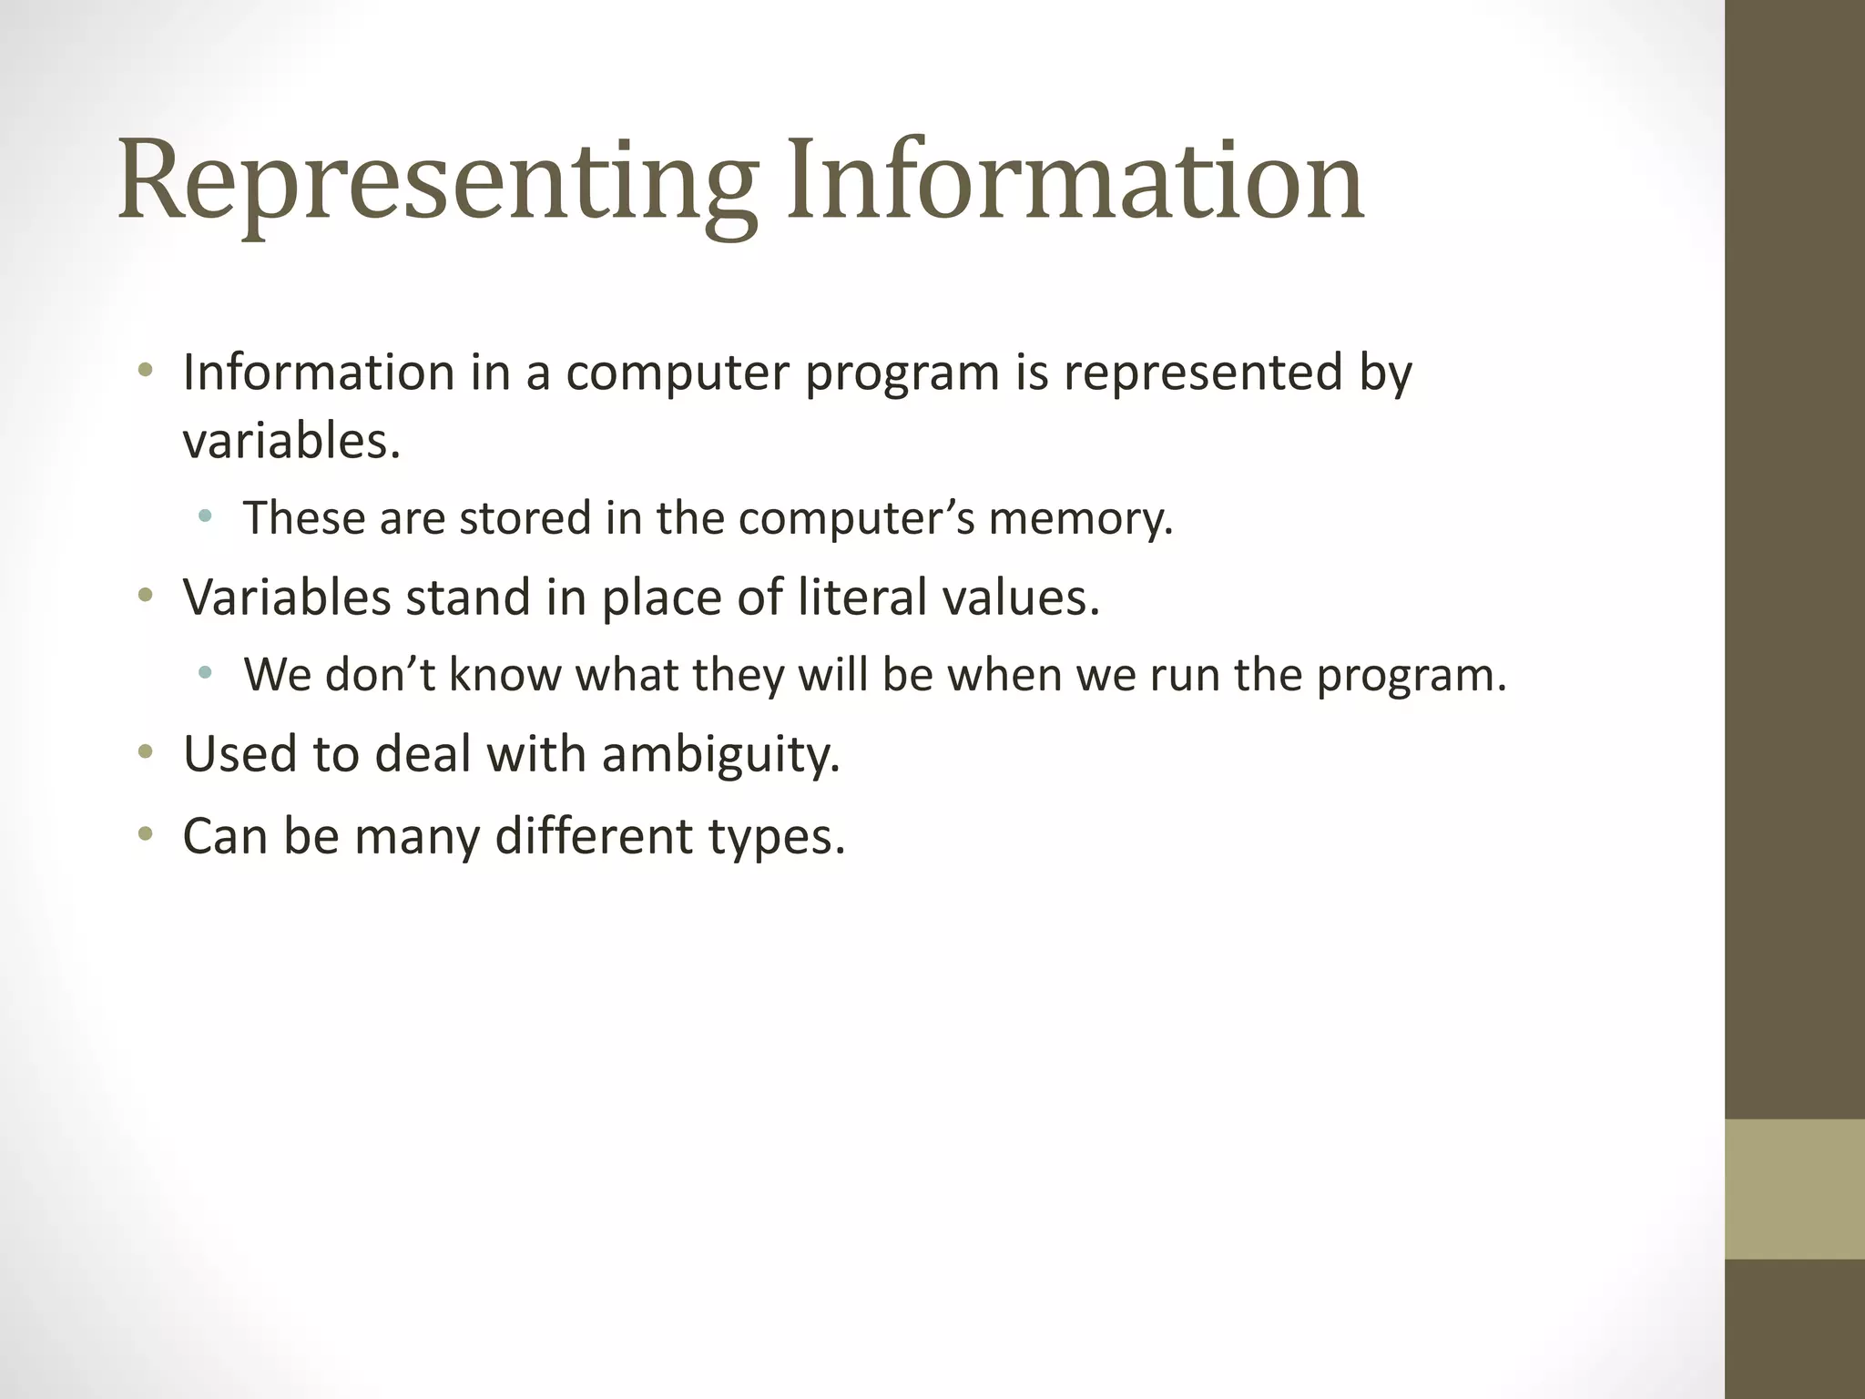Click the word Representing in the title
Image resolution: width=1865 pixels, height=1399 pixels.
coord(437,182)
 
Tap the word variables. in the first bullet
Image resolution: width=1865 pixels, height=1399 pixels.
coord(291,442)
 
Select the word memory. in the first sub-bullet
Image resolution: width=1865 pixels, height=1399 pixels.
coord(1081,519)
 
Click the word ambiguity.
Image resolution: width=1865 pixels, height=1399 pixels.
coord(720,755)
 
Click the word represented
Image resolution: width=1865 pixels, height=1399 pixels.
coord(1202,373)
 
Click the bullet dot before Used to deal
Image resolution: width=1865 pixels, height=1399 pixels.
coord(145,753)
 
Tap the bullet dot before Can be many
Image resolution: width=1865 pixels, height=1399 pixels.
coord(145,833)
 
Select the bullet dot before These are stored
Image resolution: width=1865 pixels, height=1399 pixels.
coord(205,517)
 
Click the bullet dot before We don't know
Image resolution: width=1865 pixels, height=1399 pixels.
coord(205,674)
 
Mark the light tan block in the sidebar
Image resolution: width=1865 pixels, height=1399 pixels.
coord(1794,1189)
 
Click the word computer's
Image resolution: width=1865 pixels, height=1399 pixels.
coord(856,519)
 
